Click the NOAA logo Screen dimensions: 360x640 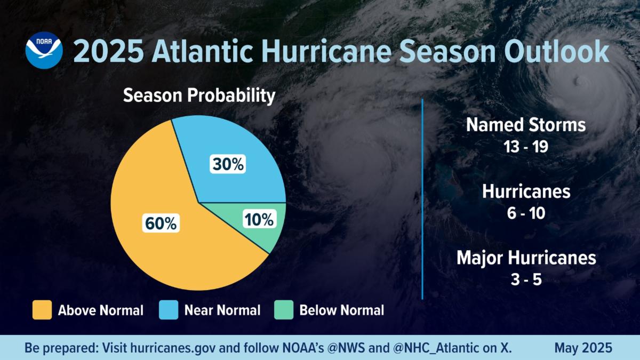point(44,50)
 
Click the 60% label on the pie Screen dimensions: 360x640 point(161,222)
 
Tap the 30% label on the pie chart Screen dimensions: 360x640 point(228,165)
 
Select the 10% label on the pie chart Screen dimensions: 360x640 point(259,219)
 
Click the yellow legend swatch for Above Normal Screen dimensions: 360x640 point(42,310)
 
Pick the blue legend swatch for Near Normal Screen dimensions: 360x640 point(169,310)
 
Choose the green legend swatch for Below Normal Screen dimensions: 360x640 point(283,310)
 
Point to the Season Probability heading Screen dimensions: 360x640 point(199,96)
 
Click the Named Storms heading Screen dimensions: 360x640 point(526,125)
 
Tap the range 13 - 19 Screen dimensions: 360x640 point(526,147)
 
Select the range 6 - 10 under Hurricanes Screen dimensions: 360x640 point(526,213)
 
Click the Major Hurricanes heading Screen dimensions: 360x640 point(526,258)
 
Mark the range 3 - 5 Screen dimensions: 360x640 point(526,279)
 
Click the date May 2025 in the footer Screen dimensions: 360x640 point(583,348)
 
